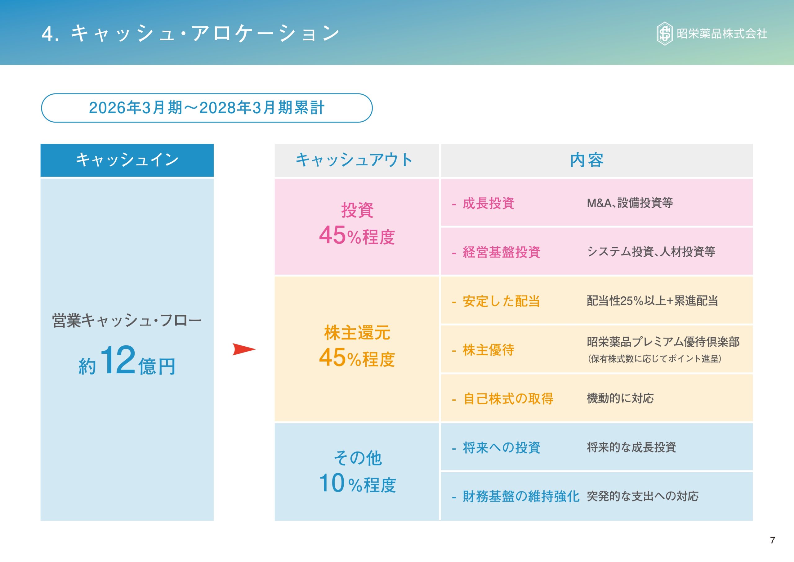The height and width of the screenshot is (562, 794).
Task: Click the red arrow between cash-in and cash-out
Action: click(243, 349)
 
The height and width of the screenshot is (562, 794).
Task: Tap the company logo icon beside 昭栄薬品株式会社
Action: click(664, 34)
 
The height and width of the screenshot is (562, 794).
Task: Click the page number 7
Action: click(773, 540)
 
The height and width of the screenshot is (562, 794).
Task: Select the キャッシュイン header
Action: click(127, 160)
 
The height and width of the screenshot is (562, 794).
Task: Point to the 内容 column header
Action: click(587, 160)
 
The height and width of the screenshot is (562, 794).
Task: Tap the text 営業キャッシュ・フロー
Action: click(127, 321)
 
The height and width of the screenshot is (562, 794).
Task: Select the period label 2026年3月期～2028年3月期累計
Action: click(207, 108)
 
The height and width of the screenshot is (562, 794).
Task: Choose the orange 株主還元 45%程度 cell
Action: click(357, 346)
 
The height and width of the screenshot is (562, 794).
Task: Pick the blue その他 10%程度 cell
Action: click(357, 471)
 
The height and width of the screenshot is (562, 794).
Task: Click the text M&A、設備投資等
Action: click(630, 203)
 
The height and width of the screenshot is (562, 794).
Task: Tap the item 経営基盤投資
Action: click(501, 252)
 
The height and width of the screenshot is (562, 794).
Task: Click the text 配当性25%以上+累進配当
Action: click(652, 301)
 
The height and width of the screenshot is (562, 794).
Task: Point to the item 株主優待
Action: click(488, 350)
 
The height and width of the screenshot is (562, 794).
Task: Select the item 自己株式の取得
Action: click(508, 399)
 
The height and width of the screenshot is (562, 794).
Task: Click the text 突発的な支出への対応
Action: click(643, 496)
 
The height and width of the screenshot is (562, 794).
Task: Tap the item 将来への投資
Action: click(501, 447)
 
